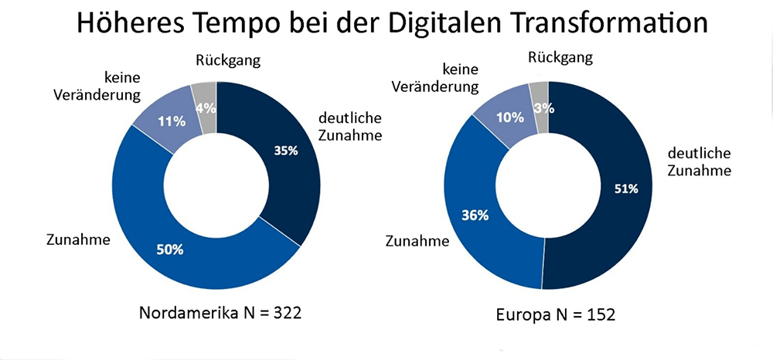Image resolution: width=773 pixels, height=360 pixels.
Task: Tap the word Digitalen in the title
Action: click(x=437, y=23)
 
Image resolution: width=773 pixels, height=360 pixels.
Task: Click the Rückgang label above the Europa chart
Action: click(x=561, y=56)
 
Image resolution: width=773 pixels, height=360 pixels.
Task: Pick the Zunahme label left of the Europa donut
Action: click(x=417, y=241)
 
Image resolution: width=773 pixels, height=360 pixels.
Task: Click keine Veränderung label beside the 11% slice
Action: click(x=112, y=86)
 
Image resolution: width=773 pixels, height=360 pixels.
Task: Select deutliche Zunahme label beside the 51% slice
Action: click(x=695, y=161)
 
